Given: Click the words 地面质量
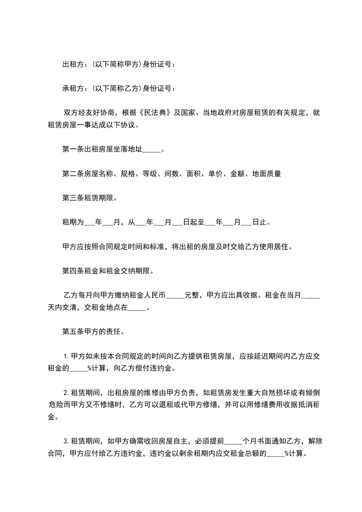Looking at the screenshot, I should [266, 173].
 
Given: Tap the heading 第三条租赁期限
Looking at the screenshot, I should [89, 198].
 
